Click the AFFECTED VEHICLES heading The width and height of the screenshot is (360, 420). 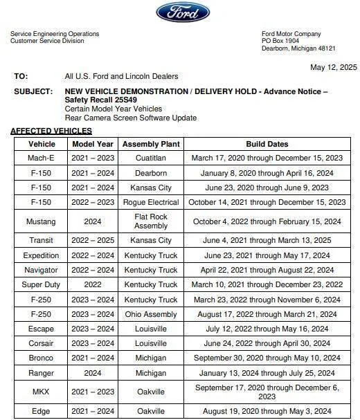(51, 131)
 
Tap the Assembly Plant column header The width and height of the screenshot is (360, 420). (151, 144)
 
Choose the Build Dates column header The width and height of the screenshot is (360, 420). (267, 144)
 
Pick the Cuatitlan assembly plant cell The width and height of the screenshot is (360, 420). (151, 158)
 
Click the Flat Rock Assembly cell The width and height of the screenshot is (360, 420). (151, 221)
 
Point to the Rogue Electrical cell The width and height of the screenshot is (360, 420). (151, 202)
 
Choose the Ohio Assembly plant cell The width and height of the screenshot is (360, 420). (151, 313)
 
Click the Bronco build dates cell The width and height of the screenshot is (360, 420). (267, 358)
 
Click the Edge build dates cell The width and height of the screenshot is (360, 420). (267, 412)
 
